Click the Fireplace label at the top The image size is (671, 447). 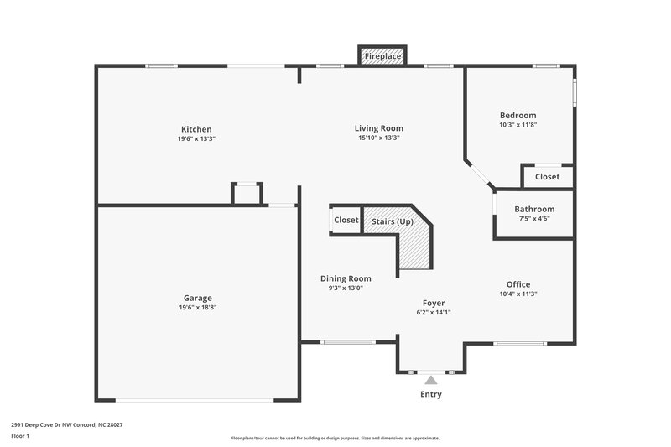coord(382,56)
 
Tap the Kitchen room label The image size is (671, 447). coord(197,129)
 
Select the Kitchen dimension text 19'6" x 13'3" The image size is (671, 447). coord(197,138)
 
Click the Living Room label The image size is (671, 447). coord(379,127)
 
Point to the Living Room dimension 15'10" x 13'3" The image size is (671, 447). coord(379,138)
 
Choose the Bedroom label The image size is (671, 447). coord(518,115)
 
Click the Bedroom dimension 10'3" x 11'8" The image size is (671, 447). coord(518,125)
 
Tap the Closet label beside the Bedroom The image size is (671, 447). coord(547,177)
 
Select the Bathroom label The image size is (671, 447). coord(534,209)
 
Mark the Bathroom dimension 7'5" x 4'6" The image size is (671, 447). coord(534,219)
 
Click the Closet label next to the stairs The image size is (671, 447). coord(346,220)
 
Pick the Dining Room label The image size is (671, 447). coord(346,278)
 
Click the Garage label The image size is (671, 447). coord(198,298)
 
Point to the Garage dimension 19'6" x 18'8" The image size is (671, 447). coord(198,308)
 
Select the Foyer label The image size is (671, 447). coord(433,303)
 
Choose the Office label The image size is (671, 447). coord(518,284)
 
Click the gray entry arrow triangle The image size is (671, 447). coord(430,380)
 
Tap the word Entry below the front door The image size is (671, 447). coord(430,394)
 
